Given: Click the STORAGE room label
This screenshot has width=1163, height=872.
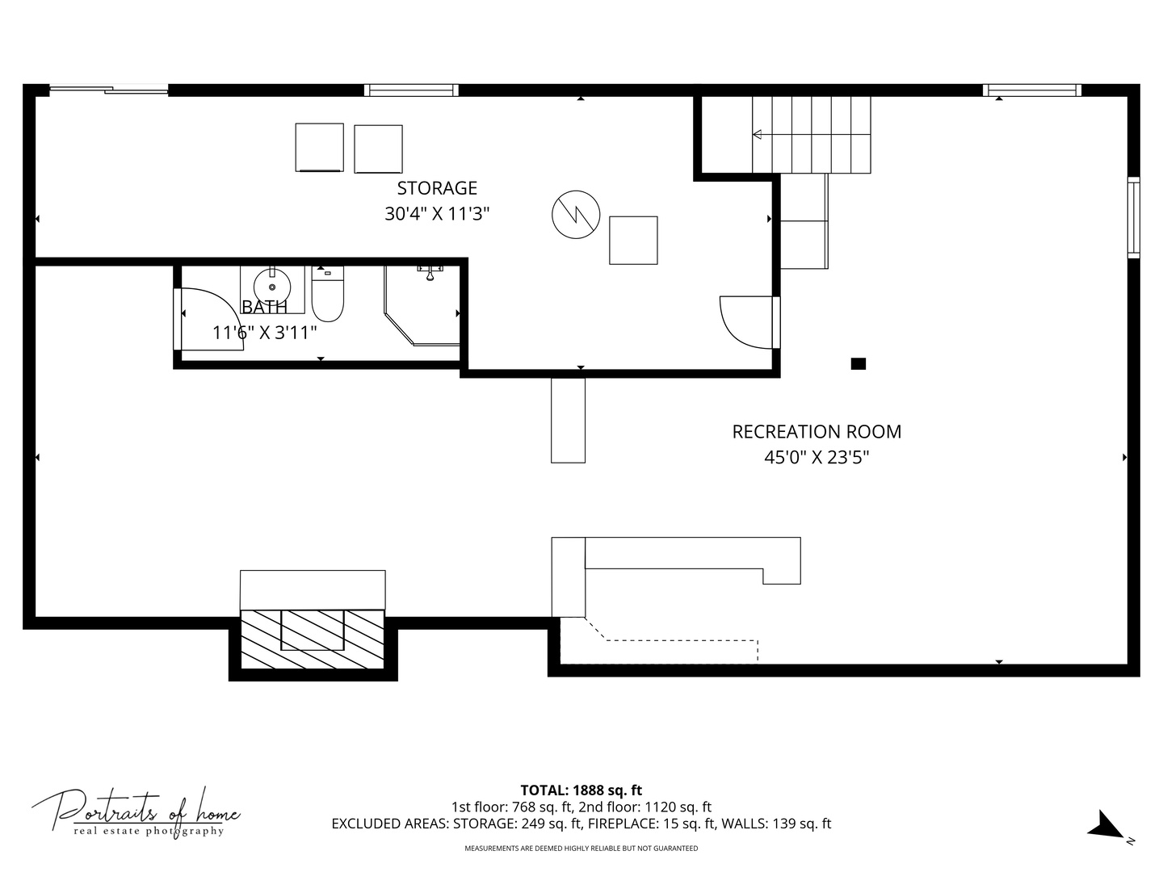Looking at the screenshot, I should point(437,188).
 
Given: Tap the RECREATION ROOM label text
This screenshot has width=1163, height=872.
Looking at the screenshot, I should point(817,432).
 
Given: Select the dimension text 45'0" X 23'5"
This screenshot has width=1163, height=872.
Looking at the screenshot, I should point(817,458).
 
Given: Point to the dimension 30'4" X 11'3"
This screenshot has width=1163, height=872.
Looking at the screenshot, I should point(437,214).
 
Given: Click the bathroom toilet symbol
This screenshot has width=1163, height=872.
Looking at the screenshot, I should point(328,296).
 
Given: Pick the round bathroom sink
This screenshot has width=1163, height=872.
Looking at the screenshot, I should point(272,287).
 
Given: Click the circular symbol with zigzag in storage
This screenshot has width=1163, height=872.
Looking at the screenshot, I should point(576,215).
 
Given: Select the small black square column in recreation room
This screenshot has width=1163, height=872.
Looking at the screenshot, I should point(859,364).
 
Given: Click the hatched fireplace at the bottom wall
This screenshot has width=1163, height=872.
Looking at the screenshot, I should point(313,639).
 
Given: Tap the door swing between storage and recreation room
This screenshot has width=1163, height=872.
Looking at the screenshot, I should point(745,323).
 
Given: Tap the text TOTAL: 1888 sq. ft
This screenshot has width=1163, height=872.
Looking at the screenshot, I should point(581,790).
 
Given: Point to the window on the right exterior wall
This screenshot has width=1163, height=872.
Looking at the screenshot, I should point(1133,217).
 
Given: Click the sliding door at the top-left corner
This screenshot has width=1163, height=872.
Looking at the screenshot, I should point(109,90).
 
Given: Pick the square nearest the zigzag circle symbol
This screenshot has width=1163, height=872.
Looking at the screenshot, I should point(633,240).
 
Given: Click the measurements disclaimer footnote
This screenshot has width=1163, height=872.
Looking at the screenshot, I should point(581,849).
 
